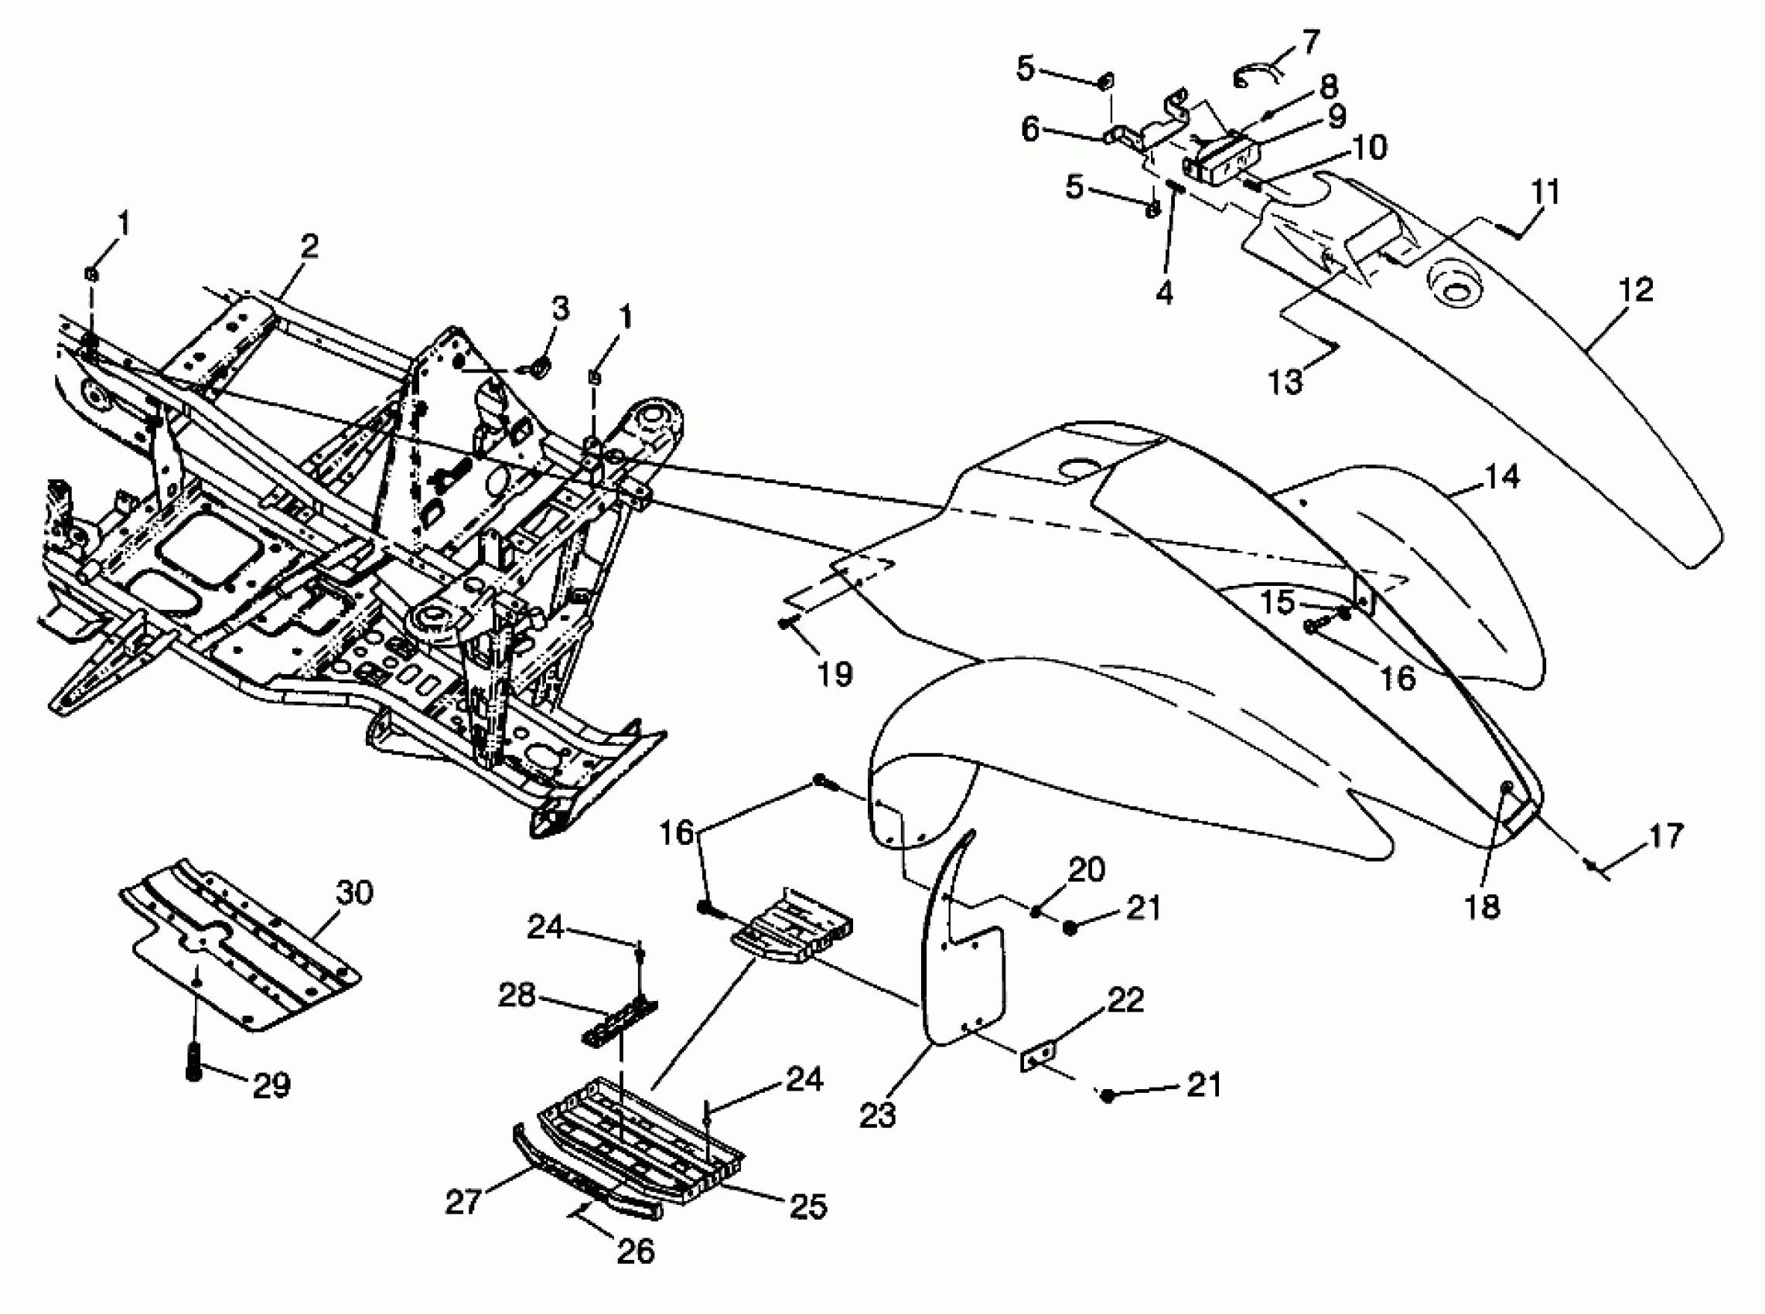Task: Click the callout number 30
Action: [x=354, y=894]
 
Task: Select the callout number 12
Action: [x=1635, y=289]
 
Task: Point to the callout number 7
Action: [x=1309, y=42]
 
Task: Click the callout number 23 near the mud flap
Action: [x=878, y=1115]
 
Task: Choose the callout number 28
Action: [x=517, y=994]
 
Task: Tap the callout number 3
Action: [x=561, y=308]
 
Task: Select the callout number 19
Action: [x=835, y=674]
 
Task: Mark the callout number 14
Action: [x=1501, y=476]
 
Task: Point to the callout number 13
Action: [x=1286, y=383]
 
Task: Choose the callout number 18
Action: [x=1482, y=906]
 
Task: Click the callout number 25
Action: [x=807, y=1207]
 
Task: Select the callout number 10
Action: [x=1369, y=147]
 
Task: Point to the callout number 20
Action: [x=1086, y=870]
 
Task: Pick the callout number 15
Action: [x=1277, y=602]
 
